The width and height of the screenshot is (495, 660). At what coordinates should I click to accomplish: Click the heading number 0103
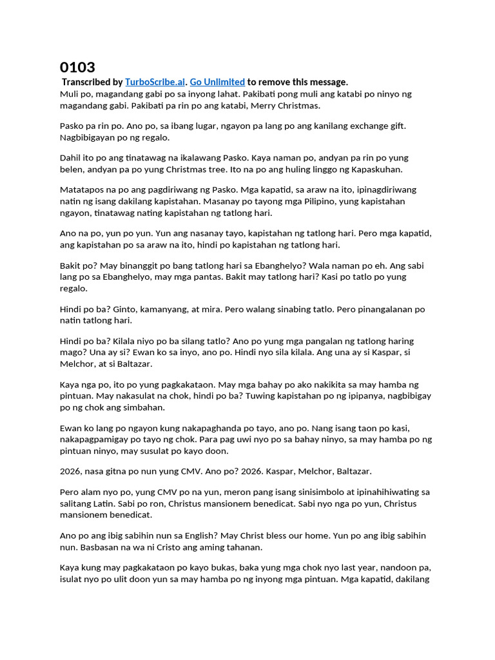pyautogui.click(x=77, y=67)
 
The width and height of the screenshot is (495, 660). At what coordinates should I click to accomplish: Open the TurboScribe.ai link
pyautogui.click(x=155, y=82)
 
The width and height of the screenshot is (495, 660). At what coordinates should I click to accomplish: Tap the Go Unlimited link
pyautogui.click(x=217, y=82)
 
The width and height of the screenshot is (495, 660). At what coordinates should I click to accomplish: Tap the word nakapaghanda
pyautogui.click(x=193, y=428)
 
